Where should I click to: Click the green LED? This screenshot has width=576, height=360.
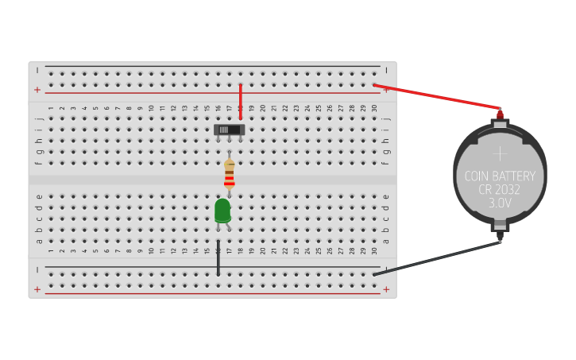tap(222, 211)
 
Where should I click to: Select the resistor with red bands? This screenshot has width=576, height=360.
tap(229, 174)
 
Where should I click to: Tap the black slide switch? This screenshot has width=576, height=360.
tap(229, 129)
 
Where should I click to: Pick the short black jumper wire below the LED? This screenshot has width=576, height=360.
tap(218, 258)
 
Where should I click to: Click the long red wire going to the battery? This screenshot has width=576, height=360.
tap(437, 96)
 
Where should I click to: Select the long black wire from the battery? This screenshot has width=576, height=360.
tap(437, 258)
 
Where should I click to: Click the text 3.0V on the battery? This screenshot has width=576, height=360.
tap(500, 203)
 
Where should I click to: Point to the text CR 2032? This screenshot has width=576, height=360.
tap(500, 190)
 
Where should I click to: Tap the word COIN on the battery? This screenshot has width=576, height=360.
tap(477, 176)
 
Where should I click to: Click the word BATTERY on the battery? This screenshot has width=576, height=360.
tap(514, 176)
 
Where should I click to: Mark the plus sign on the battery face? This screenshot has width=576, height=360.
tap(500, 153)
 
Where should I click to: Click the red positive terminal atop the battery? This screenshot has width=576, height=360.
tap(500, 114)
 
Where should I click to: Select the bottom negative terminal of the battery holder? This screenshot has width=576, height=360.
tap(500, 235)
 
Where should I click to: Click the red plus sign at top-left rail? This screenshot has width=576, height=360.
tap(37, 90)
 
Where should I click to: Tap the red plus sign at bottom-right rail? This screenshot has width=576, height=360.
tap(386, 289)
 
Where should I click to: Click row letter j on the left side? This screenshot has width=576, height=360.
tap(38, 118)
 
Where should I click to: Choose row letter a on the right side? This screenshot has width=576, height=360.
tap(386, 241)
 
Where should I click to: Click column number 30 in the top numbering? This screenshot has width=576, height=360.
tap(374, 107)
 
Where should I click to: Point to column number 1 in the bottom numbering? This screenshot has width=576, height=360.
tap(51, 251)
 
